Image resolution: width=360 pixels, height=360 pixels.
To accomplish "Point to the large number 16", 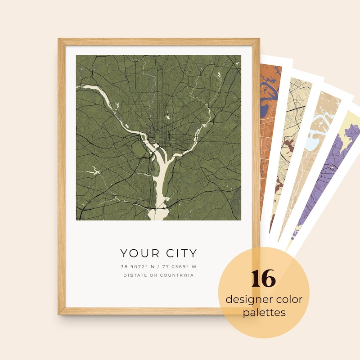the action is pyautogui.click(x=263, y=279).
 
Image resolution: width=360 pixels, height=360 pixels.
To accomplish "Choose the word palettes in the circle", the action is pyautogui.click(x=264, y=312).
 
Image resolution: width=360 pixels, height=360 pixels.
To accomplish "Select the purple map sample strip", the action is pyautogui.click(x=324, y=180).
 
